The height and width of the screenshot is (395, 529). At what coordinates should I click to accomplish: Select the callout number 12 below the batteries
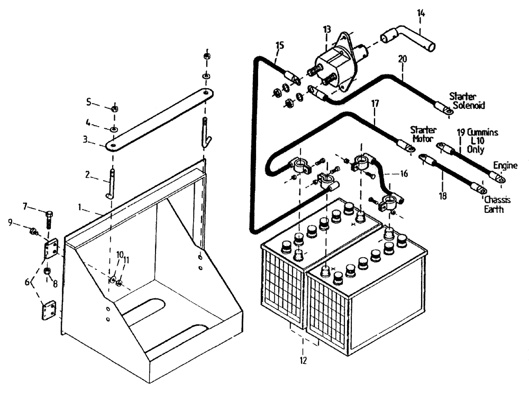tap(304, 361)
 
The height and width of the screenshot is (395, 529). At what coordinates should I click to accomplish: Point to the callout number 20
tap(403, 60)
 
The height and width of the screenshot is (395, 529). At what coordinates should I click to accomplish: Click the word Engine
tap(505, 165)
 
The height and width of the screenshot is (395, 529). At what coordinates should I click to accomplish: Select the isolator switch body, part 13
tap(333, 61)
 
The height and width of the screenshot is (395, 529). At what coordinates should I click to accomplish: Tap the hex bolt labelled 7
tap(49, 217)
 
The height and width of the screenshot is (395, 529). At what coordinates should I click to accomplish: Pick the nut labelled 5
tap(115, 108)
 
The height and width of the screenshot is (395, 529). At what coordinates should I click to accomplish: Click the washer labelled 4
tap(114, 129)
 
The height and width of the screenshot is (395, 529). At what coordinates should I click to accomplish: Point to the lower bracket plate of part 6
tap(49, 310)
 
